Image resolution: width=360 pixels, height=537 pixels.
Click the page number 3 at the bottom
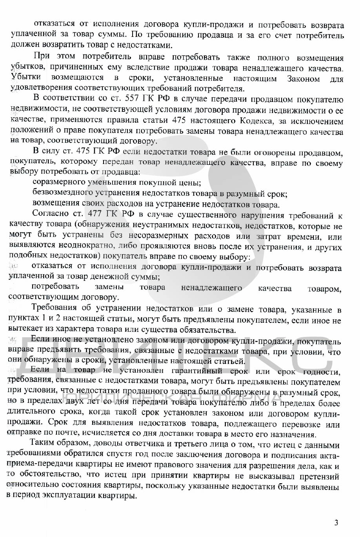[x=336, y=522]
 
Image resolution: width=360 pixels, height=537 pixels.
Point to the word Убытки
[x=26, y=77]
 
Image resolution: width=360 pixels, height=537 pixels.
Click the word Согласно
[x=51, y=214]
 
